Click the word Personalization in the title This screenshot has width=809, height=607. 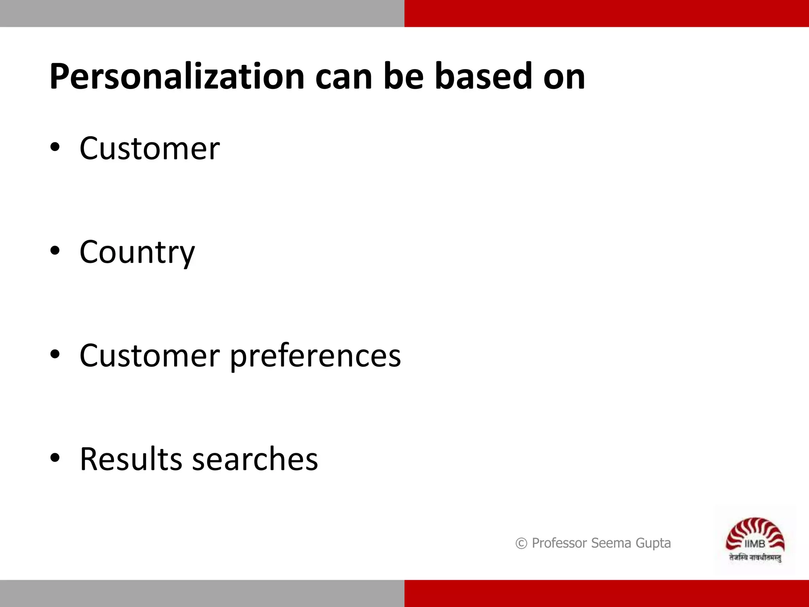point(177,77)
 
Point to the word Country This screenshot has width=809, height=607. point(137,253)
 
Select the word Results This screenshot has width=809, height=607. point(131,459)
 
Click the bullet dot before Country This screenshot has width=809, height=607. point(55,251)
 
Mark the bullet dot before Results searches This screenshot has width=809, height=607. point(55,458)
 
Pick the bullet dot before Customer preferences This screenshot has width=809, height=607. point(55,354)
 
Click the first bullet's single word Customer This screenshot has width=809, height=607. point(149,149)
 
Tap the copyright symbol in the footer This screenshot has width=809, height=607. point(521,544)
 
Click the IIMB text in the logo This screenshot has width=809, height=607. point(754,544)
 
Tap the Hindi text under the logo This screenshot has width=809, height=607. point(755,558)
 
